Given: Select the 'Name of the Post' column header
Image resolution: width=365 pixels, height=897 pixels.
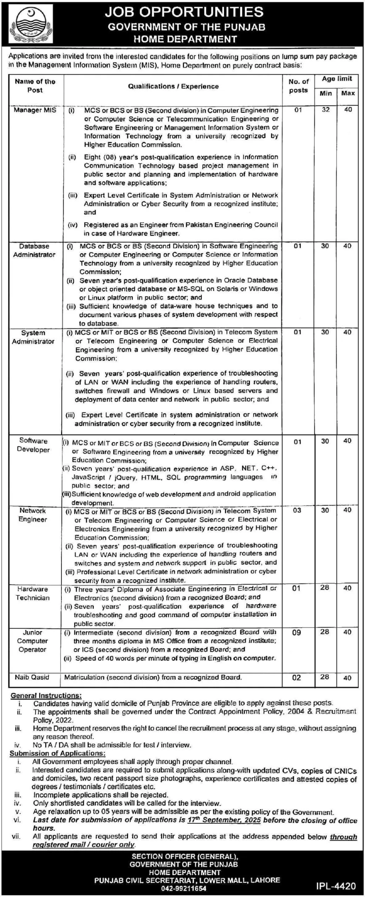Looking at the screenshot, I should (35, 86).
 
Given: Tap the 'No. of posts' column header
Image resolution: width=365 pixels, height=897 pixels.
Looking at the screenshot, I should (298, 86).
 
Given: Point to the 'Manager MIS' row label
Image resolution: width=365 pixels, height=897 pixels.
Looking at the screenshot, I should (35, 110).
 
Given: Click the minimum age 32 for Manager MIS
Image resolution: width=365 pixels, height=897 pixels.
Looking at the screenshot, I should (326, 110).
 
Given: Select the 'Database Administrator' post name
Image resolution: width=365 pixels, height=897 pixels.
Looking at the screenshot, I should (34, 251).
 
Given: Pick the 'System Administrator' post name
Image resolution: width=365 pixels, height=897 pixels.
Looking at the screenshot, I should (33, 337).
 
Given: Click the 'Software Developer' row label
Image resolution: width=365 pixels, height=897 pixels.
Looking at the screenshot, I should (33, 445).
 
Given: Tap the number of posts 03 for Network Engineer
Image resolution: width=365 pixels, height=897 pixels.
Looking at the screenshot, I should (297, 511).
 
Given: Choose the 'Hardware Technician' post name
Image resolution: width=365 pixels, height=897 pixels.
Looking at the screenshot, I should (33, 593).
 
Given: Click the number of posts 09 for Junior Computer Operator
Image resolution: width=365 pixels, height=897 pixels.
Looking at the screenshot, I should (297, 633).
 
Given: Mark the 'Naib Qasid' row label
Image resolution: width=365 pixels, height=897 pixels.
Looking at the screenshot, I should (32, 677).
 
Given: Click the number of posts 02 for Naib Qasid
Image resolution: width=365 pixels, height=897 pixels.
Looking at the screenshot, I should (297, 678).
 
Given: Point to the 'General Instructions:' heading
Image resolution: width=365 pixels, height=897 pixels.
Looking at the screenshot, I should (46, 696).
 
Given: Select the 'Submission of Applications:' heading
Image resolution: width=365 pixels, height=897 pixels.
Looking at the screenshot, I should (57, 753).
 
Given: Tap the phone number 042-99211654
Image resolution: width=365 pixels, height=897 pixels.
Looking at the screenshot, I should (184, 888).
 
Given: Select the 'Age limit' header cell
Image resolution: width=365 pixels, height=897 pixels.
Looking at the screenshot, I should (337, 79).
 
